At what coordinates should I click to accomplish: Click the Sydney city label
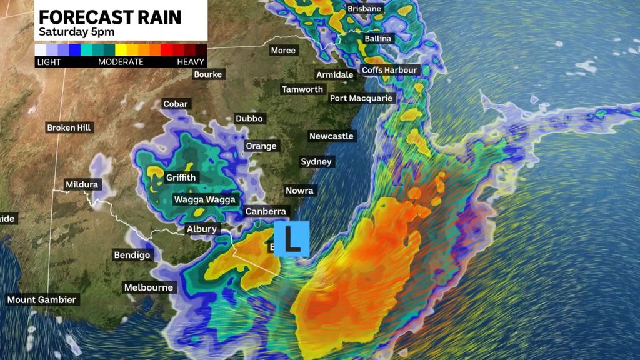316,162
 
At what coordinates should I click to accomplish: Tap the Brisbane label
364,9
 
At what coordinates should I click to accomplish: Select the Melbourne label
148,287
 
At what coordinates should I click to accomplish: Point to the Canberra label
266,212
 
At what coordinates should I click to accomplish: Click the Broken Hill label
69,127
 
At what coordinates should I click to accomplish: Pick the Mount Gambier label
41,300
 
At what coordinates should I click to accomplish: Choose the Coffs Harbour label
389,70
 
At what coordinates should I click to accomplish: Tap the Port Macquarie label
361,98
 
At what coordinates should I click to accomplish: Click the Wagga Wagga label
204,200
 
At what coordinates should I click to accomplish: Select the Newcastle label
331,136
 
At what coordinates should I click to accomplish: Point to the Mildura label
82,185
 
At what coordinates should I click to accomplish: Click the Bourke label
208,75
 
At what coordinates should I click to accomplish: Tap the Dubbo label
250,119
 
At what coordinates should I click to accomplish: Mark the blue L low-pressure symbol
292,239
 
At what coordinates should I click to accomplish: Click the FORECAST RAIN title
109,17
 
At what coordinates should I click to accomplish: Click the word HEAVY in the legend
191,62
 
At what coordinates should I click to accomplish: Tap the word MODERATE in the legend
121,62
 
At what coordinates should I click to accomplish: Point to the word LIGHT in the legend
49,62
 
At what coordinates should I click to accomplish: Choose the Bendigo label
132,255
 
